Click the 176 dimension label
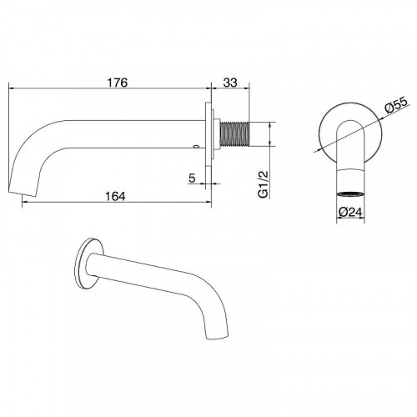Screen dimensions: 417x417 click(118, 83)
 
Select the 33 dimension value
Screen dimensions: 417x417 click(230, 83)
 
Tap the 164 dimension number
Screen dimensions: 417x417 click(115, 196)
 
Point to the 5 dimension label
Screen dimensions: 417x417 click(192, 178)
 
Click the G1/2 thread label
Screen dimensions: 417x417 click(264, 184)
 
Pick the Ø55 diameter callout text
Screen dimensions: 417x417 click(396, 105)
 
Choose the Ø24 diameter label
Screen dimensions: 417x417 click(350, 213)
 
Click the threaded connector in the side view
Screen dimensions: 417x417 click(234, 134)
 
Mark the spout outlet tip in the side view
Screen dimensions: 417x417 click(23, 193)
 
